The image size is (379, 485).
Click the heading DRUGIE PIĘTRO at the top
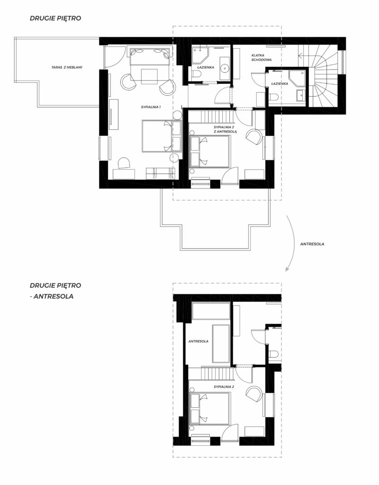(55, 18)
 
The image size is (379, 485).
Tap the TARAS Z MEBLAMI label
(67, 67)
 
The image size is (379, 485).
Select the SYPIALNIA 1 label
(151, 107)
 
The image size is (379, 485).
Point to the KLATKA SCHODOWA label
(262, 57)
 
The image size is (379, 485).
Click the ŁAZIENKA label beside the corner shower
(280, 83)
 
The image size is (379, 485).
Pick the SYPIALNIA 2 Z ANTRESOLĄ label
(225, 129)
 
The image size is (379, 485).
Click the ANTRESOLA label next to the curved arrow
(312, 244)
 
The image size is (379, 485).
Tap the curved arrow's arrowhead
(287, 269)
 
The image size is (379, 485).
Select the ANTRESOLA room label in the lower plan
(199, 341)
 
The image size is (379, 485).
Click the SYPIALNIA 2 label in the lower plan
(224, 386)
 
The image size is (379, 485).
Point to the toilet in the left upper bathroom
(196, 74)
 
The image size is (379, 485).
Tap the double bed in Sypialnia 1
(157, 136)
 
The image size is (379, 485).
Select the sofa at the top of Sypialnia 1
(150, 57)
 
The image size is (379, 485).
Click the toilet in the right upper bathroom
(273, 97)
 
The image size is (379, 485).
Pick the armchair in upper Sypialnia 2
(254, 137)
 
